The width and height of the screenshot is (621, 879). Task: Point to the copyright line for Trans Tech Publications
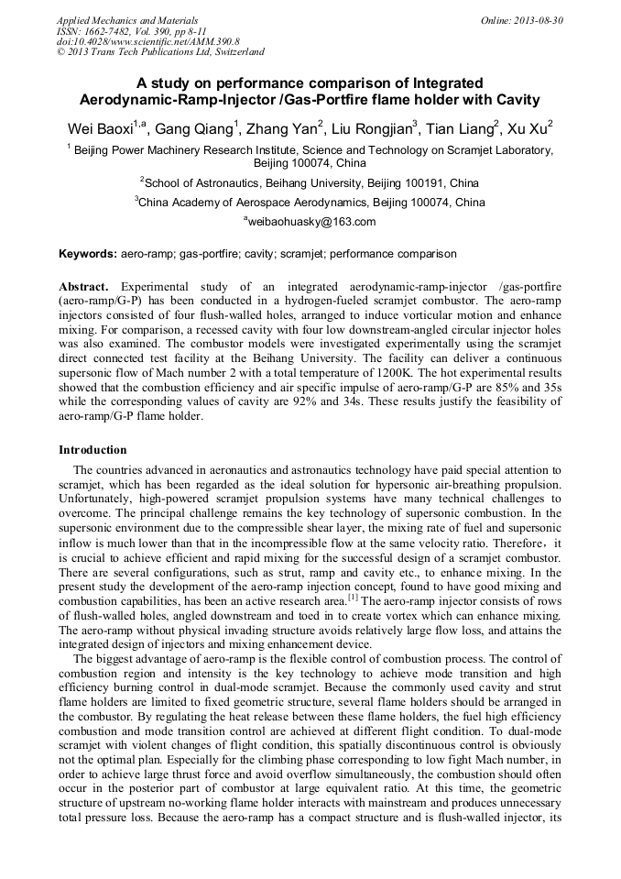coord(160,52)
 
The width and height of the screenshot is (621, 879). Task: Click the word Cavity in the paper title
coord(513,99)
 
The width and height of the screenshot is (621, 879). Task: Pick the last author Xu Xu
coord(531,129)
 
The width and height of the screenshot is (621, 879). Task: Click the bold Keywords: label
coord(88,253)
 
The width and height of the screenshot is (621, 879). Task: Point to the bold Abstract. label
coord(83,286)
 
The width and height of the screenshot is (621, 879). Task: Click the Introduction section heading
coord(93,450)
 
